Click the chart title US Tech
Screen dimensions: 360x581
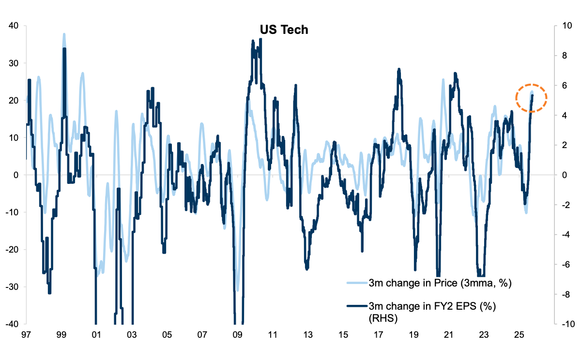tap(284, 30)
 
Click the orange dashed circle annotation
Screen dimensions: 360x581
tap(531, 98)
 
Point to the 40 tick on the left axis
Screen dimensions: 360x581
tap(14, 26)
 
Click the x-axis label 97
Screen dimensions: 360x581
tap(26, 334)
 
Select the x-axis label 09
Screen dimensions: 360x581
tap(237, 334)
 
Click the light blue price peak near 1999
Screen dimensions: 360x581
tap(64, 35)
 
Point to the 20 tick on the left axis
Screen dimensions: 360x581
tap(14, 100)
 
